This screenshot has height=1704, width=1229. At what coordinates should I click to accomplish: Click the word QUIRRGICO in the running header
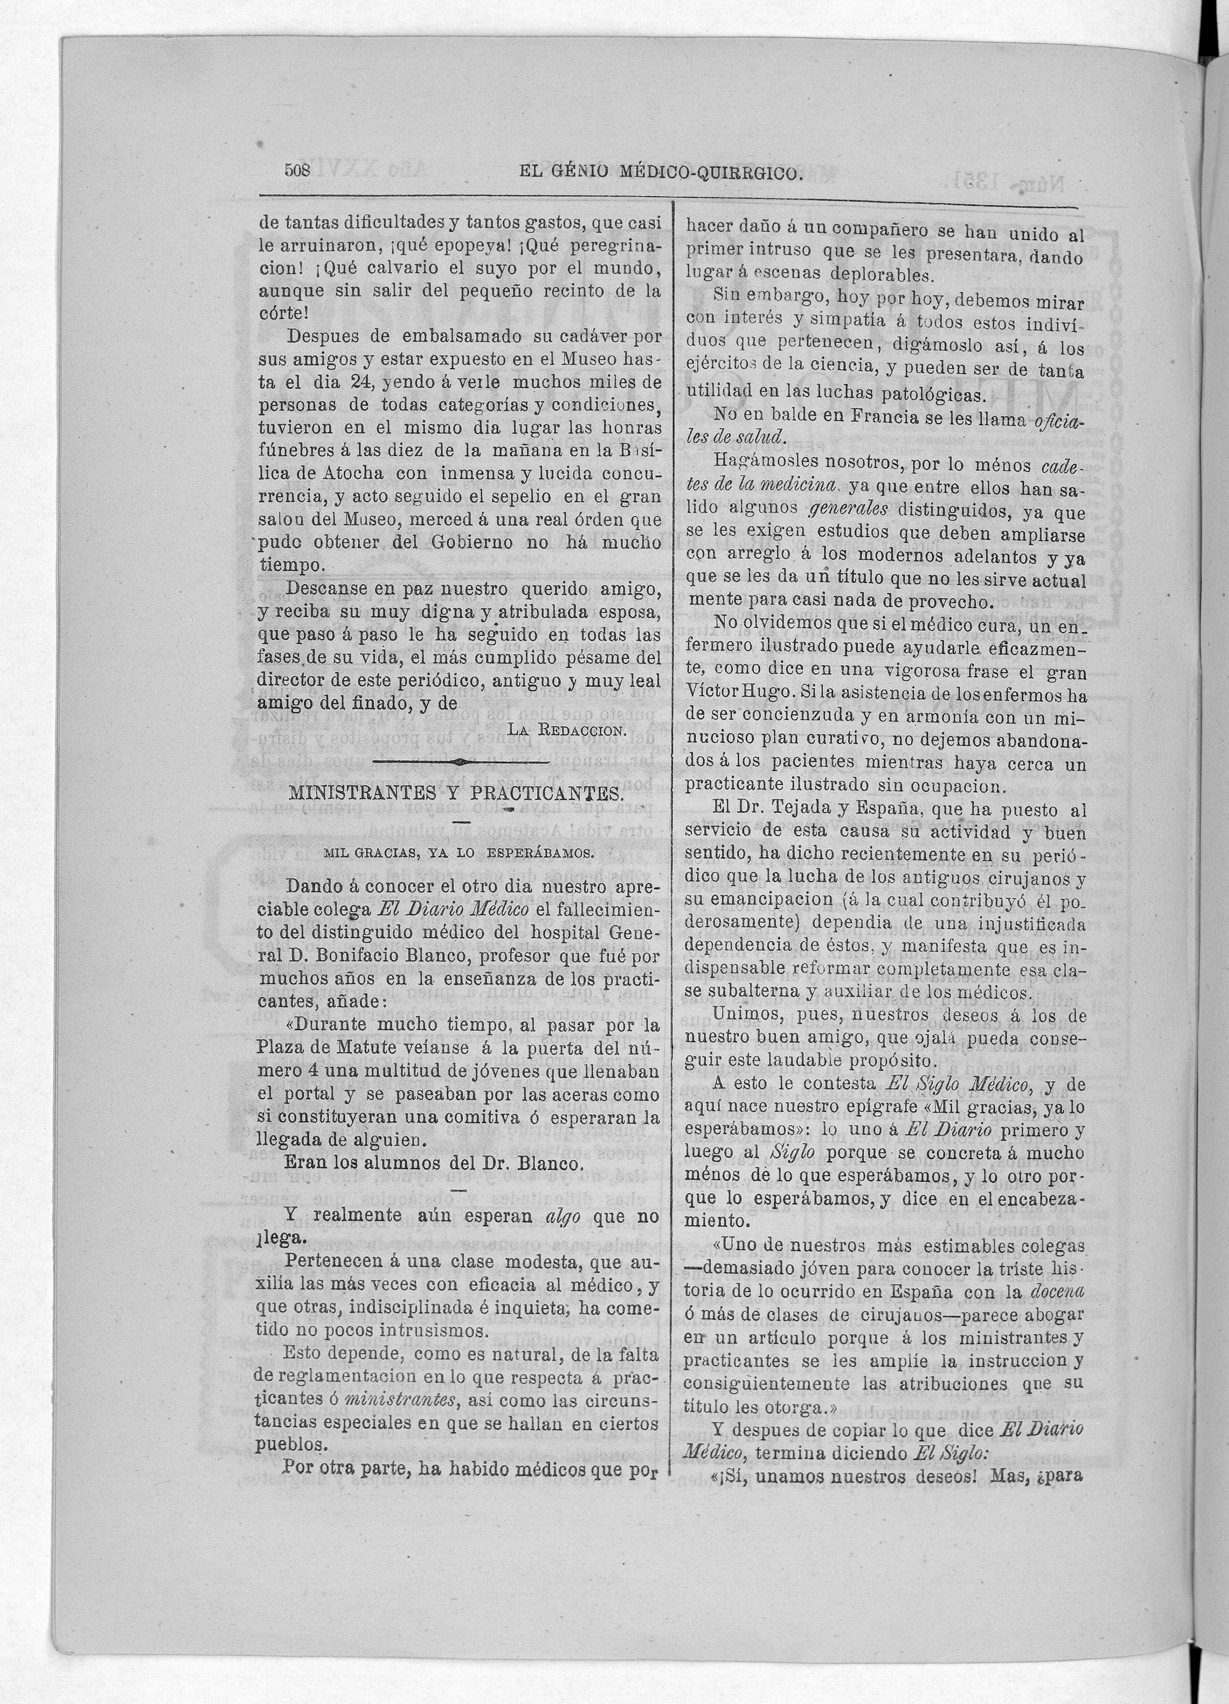click(x=748, y=174)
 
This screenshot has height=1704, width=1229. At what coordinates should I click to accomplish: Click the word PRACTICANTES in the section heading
click(x=546, y=794)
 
